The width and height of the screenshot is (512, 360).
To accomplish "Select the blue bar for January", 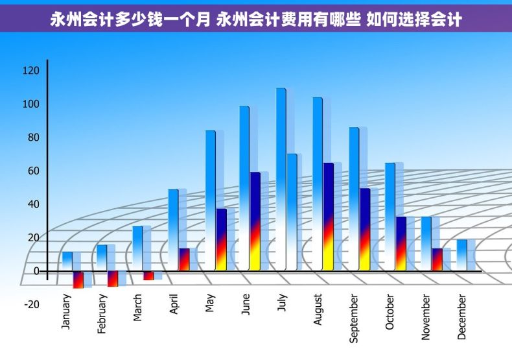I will point(67,261).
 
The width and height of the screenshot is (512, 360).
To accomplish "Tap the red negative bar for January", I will point(78,280).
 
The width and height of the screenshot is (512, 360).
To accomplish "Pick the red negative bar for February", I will point(113,278).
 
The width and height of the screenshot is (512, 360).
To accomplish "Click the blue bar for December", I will point(461,254).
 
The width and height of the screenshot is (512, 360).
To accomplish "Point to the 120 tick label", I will point(31,71).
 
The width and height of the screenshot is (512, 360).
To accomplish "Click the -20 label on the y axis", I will point(31,305).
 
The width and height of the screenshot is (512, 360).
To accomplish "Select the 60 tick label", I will point(32,171).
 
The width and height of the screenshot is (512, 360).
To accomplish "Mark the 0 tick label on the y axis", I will point(36,271).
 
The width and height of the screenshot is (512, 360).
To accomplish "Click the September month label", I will point(354,318).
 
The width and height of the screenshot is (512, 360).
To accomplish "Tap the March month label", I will point(137,307).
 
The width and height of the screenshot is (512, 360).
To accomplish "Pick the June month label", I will point(245,305).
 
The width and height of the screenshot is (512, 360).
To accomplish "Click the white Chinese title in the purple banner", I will point(256,19).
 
